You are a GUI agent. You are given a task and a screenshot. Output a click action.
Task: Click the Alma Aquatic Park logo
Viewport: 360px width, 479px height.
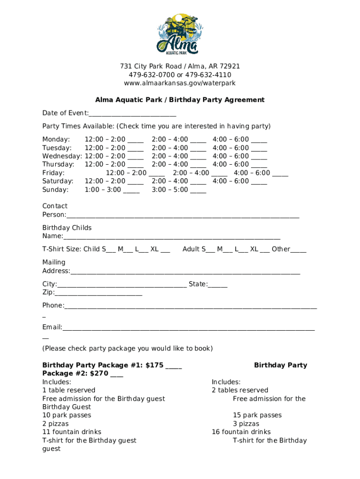180,34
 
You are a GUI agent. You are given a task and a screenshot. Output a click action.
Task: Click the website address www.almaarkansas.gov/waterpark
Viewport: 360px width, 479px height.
180,83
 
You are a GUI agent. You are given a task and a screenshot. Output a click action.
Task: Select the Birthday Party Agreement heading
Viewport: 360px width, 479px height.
180,100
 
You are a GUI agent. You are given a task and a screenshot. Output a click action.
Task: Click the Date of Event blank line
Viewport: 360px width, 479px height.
132,114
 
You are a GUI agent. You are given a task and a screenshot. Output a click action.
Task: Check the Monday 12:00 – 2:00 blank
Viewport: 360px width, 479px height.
136,140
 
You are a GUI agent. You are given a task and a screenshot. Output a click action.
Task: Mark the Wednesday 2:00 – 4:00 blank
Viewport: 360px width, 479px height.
198,157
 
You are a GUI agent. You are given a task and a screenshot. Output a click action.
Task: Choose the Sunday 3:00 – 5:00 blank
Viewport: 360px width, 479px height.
198,190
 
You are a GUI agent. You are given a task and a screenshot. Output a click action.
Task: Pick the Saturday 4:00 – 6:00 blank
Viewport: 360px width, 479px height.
259,182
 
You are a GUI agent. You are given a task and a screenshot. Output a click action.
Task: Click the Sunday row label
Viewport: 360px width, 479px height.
55,189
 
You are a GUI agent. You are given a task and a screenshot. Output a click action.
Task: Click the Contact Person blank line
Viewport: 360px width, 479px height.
182,215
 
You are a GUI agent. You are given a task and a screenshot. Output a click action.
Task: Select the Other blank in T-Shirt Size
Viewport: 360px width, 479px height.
298,250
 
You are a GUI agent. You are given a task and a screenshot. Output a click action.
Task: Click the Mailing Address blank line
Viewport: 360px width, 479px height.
185,272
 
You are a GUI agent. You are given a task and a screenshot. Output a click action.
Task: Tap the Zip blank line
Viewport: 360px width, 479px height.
98,293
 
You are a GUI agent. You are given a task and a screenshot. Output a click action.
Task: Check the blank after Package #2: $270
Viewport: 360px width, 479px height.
117,374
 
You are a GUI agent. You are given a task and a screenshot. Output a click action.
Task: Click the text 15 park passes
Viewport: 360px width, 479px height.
257,415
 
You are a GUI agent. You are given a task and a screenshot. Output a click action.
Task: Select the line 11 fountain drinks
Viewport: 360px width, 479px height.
72,432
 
